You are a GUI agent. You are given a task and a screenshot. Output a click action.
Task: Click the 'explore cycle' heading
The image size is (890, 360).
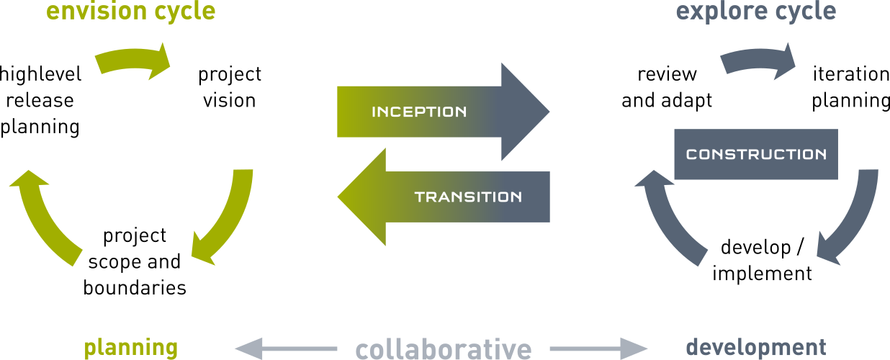pos(756,12)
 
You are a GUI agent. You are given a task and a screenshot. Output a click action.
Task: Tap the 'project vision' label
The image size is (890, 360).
pos(230,87)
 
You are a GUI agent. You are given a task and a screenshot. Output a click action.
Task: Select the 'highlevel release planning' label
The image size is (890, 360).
pos(40,100)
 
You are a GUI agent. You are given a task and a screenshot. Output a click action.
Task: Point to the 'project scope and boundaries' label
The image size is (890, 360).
pos(135,261)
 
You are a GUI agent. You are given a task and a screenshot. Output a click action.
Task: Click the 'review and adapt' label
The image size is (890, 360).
pos(667,87)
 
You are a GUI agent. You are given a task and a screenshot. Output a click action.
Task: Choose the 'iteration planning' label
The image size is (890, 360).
pos(851,87)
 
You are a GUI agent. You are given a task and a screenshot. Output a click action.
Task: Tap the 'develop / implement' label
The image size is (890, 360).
pos(762,261)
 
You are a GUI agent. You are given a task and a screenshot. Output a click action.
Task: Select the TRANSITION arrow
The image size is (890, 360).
pos(446,197)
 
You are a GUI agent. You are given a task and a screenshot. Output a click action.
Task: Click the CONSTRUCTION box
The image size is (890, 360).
pos(756,154)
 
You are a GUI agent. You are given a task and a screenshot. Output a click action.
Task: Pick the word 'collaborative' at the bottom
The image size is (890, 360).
pos(443,349)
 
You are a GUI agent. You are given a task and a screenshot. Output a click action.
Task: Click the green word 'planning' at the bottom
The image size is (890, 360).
pos(131,348)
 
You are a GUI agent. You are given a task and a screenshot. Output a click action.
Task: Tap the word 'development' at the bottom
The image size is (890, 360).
pos(756,348)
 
